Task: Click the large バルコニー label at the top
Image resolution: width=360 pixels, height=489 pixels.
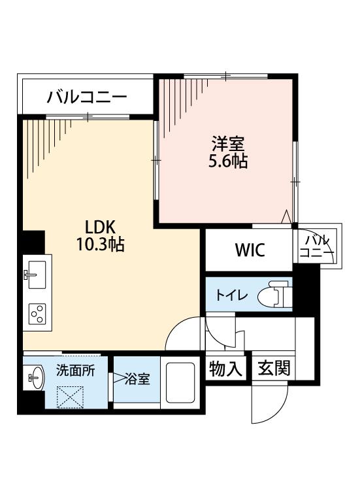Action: [x=87, y=97]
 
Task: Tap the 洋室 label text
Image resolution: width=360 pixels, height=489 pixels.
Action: [x=228, y=144]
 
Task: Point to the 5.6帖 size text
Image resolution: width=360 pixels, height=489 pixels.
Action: [x=228, y=162]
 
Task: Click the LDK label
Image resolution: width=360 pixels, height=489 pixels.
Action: [x=101, y=227]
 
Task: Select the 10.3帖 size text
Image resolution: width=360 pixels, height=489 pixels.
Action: [x=101, y=244]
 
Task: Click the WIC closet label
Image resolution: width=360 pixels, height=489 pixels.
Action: [x=250, y=250]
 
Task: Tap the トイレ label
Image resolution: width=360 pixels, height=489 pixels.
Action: [x=231, y=295]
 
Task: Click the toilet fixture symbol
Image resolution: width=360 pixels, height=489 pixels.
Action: [x=274, y=294]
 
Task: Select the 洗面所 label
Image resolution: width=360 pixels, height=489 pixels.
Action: [x=75, y=370]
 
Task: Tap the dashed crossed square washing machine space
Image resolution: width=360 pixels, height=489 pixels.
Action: [x=71, y=397]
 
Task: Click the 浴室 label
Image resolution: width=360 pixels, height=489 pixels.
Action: [x=137, y=379]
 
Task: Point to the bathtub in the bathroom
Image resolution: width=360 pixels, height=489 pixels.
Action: [x=180, y=382]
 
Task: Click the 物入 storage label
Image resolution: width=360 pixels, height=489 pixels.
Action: [x=225, y=369]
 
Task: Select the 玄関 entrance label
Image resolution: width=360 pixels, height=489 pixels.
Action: [x=274, y=368]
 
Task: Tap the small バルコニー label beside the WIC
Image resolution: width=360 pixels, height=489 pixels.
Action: [x=317, y=246]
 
